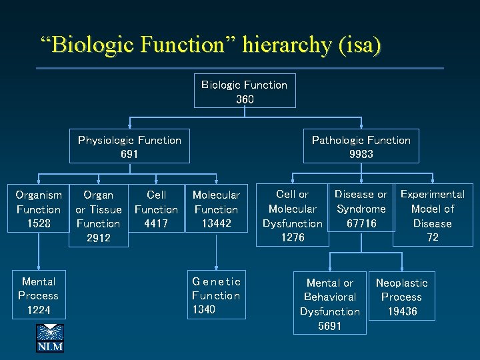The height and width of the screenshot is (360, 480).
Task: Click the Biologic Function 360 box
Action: point(244,91)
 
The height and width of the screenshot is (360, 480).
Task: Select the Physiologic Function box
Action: point(129,147)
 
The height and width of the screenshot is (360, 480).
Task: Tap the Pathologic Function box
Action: point(361,147)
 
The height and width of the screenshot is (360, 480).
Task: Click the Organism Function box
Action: point(39,209)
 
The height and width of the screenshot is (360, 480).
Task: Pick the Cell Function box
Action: point(156,209)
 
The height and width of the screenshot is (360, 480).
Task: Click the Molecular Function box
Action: point(215,209)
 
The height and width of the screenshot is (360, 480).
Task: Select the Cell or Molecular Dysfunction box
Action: point(292,215)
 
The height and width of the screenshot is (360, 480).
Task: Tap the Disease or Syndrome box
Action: point(361,209)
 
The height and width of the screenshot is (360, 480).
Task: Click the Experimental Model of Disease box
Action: point(432,215)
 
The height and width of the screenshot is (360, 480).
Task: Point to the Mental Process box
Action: point(39,295)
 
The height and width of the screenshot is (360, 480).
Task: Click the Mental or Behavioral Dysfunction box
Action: point(329,304)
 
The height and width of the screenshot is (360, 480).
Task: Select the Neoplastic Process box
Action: point(401,297)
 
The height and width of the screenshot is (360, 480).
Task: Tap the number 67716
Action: point(361,223)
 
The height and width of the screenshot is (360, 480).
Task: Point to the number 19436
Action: point(401,311)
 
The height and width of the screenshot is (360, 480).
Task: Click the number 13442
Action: point(215,223)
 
